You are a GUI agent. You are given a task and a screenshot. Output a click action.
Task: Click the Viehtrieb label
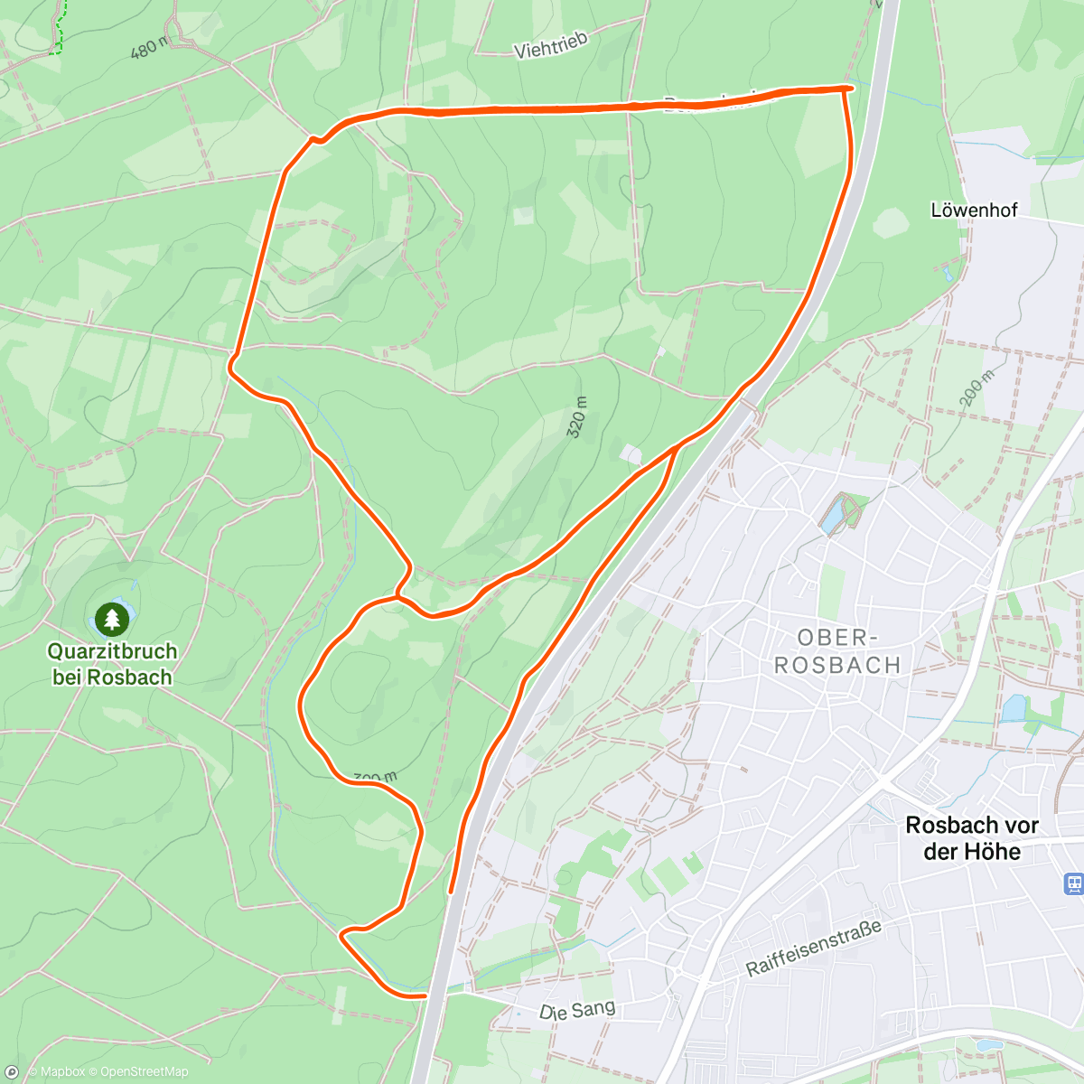click(x=551, y=45)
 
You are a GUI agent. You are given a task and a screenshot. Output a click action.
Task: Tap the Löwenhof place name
click(x=974, y=210)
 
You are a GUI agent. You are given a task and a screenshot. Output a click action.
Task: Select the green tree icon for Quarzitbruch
click(x=111, y=619)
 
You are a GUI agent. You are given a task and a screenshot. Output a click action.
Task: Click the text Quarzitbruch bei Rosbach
click(x=112, y=664)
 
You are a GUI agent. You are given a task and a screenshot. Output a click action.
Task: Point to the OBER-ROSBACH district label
click(x=837, y=651)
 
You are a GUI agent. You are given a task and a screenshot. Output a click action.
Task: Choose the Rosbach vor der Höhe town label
click(x=972, y=838)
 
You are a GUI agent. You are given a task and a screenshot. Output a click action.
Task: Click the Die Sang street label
click(x=577, y=1010)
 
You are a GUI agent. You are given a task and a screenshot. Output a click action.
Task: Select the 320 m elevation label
click(x=578, y=416)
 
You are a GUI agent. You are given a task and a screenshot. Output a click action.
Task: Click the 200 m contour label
click(x=978, y=389)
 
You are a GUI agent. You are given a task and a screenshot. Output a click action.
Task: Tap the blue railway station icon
click(x=1074, y=883)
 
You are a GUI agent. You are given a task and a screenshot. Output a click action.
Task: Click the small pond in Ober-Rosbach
click(x=835, y=515)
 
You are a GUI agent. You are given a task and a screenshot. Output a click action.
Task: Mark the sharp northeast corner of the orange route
click(x=846, y=88)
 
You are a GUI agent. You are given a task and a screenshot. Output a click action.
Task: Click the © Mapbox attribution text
click(x=56, y=1072)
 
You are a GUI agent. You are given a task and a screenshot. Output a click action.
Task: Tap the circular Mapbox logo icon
click(x=12, y=1072)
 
